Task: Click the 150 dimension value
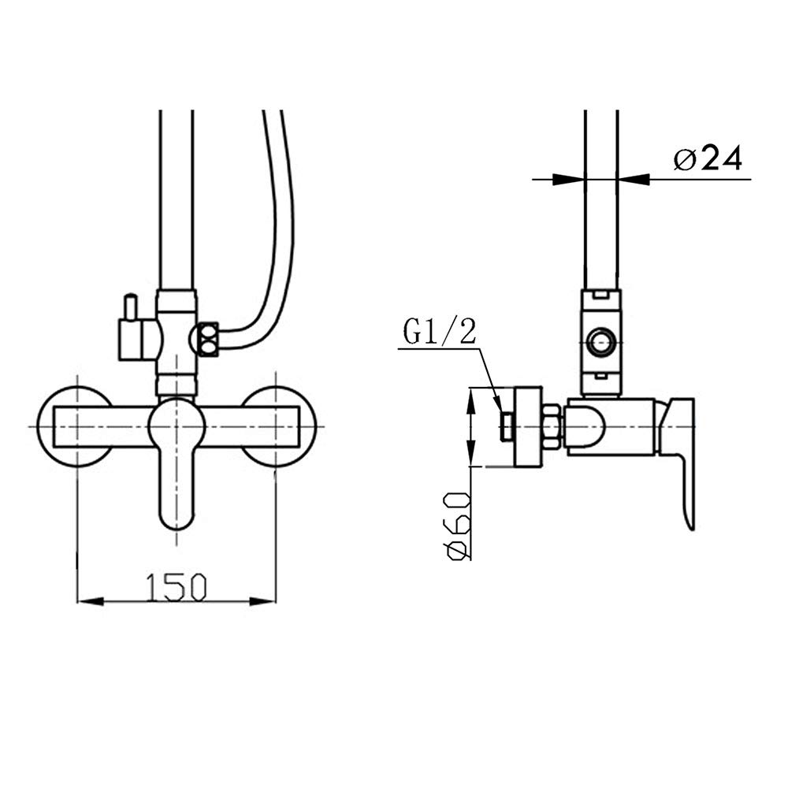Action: click(176, 586)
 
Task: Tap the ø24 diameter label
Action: click(707, 159)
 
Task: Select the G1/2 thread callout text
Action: click(440, 333)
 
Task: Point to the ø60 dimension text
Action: click(458, 526)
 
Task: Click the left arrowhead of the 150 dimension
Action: click(91, 601)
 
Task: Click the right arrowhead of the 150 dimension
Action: click(263, 601)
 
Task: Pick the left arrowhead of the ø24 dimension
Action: click(569, 179)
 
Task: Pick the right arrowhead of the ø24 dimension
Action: click(634, 179)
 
